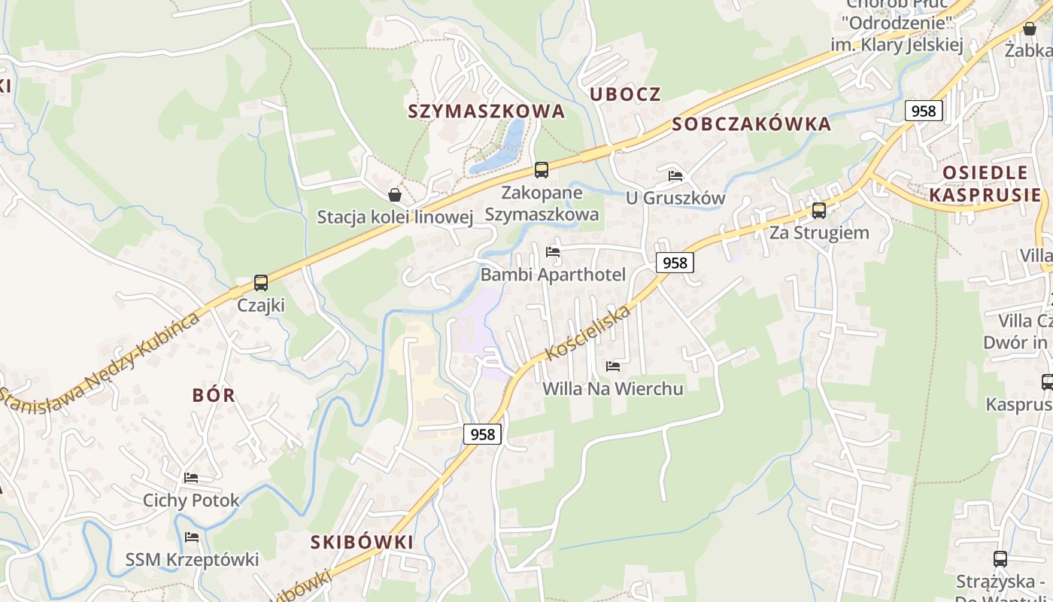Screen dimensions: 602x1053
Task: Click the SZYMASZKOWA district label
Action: click(x=486, y=111)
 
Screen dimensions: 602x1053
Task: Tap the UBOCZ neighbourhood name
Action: click(x=625, y=94)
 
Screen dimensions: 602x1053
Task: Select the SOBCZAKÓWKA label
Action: click(x=751, y=124)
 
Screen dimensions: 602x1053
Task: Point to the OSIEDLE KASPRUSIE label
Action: click(x=985, y=184)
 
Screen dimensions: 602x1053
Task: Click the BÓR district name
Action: click(x=214, y=395)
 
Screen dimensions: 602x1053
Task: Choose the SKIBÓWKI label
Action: click(x=362, y=542)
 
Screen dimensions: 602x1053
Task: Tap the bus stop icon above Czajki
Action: click(x=261, y=283)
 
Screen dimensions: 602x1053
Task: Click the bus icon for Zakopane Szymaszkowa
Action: click(x=542, y=170)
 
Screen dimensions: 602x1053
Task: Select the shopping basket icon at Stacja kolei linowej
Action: click(x=395, y=195)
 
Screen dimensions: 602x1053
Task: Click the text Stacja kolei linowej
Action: click(x=395, y=217)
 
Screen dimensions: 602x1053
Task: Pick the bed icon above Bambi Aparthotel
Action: click(x=553, y=252)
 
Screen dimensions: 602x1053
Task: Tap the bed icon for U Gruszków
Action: click(x=675, y=176)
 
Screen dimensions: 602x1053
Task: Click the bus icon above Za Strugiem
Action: click(x=819, y=211)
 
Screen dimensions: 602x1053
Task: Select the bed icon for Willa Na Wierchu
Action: click(x=613, y=366)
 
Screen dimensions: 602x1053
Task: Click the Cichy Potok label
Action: click(x=191, y=500)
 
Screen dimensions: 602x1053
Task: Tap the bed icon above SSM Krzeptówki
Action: click(x=192, y=537)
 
